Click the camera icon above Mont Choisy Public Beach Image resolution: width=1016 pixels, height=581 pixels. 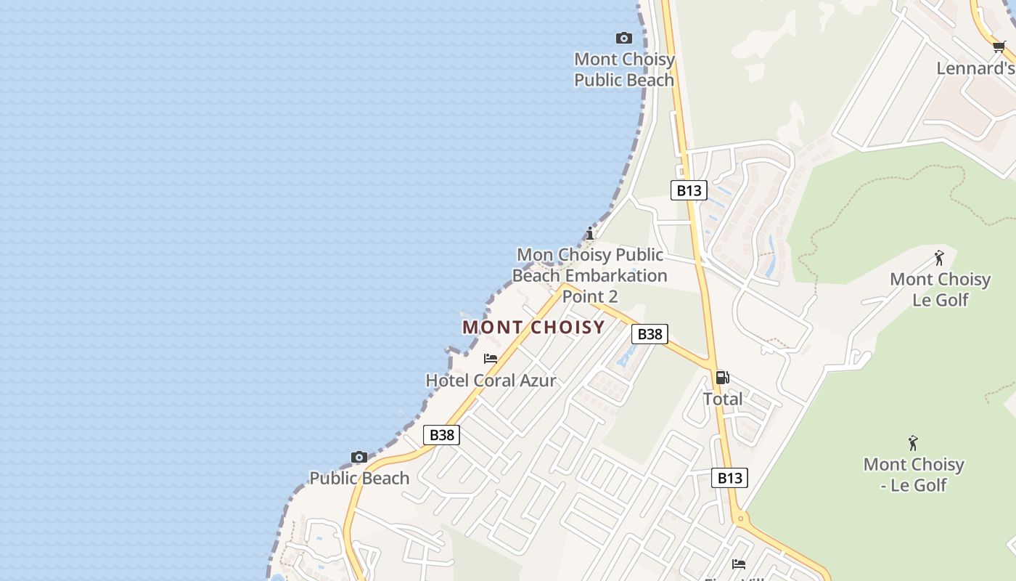click(623, 38)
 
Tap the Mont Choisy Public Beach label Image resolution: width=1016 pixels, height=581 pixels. click(624, 70)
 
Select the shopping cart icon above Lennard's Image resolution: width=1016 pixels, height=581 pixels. click(999, 48)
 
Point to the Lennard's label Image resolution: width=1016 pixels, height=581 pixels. click(975, 68)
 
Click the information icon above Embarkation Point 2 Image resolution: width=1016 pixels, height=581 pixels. click(590, 233)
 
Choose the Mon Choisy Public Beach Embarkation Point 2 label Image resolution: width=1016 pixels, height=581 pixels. click(589, 275)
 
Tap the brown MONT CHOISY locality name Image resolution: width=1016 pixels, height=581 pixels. click(533, 327)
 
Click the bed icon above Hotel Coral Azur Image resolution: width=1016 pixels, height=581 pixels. click(491, 359)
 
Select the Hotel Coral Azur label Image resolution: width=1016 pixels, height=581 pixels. click(491, 381)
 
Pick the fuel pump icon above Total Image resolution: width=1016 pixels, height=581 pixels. click(722, 378)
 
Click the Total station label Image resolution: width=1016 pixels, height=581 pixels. click(722, 399)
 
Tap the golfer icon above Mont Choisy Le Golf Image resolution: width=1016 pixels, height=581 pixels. click(939, 258)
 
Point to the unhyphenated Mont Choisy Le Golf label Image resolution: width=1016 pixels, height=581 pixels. click(940, 289)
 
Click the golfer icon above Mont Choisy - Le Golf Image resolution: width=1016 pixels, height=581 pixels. click(913, 443)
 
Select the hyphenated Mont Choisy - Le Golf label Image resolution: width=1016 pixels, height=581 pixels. click(914, 474)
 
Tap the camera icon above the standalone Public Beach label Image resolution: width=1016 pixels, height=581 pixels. click(359, 457)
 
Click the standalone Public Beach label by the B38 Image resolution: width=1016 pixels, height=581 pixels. click(359, 478)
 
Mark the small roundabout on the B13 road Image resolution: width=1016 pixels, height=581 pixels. click(740, 519)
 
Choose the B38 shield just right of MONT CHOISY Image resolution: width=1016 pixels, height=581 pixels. click(650, 334)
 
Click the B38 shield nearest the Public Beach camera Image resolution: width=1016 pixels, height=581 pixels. click(441, 435)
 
